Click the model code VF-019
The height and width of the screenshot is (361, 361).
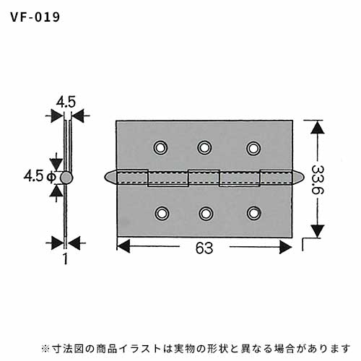click(35, 17)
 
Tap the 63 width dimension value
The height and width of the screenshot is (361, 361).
click(204, 248)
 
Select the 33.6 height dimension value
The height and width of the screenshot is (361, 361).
click(318, 180)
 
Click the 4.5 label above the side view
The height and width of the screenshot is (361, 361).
click(66, 102)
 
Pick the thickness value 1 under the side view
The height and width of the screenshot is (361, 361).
click(65, 258)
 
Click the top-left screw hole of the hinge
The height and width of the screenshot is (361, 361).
click(160, 147)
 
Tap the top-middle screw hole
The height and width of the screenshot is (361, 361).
click(204, 147)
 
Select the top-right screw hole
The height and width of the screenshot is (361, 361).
click(253, 148)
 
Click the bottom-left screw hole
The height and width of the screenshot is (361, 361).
click(162, 213)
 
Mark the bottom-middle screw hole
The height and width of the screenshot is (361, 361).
click(205, 213)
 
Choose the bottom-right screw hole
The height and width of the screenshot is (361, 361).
click(254, 213)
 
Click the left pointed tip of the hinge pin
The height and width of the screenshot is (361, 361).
click(105, 178)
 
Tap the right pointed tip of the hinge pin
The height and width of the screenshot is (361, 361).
click(304, 178)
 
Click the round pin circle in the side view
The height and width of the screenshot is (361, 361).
click(66, 178)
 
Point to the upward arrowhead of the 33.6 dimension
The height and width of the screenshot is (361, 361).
click(317, 127)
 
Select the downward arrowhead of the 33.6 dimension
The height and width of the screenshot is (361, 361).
click(317, 231)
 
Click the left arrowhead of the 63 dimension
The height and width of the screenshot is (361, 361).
click(123, 246)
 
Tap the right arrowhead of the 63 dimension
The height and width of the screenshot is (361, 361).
click(286, 247)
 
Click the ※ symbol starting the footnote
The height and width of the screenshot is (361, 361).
click(45, 349)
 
